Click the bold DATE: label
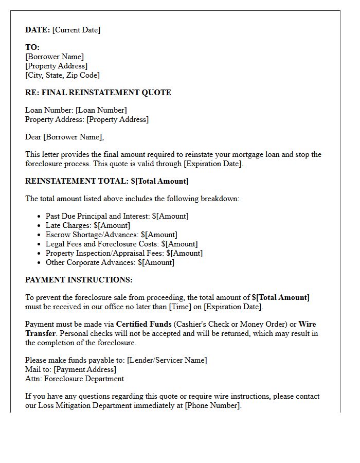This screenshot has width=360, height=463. [x=38, y=30]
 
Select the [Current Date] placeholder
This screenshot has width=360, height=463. [x=77, y=30]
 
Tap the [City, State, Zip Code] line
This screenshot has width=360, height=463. [x=62, y=75]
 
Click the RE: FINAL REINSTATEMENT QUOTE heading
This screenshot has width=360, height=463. [x=98, y=93]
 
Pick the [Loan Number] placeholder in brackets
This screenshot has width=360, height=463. [x=101, y=110]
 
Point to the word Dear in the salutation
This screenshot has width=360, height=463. [x=33, y=137]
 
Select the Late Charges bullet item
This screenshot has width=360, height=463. [x=87, y=225]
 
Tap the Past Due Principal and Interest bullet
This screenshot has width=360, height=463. [x=117, y=216]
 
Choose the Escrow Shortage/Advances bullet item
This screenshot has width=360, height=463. [x=111, y=235]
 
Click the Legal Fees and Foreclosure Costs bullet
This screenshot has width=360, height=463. [x=121, y=244]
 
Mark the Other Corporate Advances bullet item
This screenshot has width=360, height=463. [x=110, y=262]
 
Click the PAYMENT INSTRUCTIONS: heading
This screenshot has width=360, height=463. [x=79, y=280]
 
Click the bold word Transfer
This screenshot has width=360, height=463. [x=40, y=333]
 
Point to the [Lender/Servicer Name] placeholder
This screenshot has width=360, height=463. [x=167, y=360]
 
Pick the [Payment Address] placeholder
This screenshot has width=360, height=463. [x=85, y=369]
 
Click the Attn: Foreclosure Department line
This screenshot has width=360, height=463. [x=75, y=379]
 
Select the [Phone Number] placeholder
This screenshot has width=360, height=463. [x=212, y=405]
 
